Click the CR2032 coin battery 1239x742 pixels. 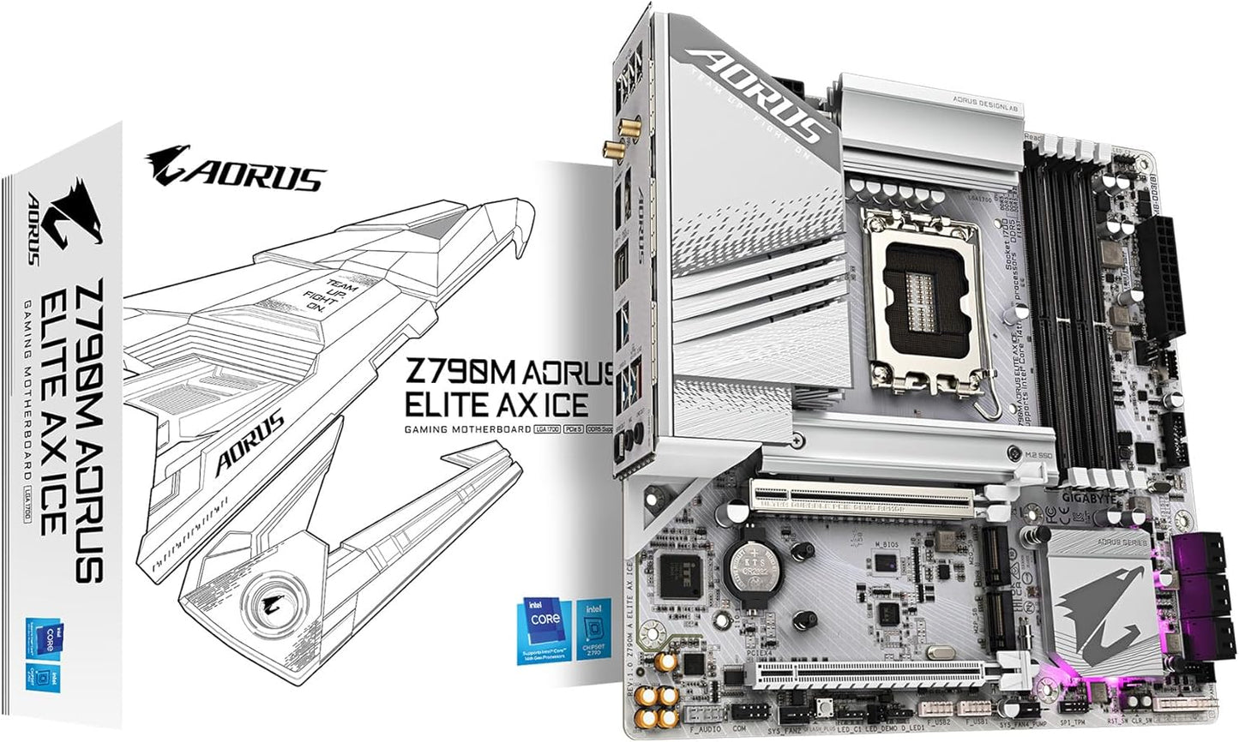[744, 565]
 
